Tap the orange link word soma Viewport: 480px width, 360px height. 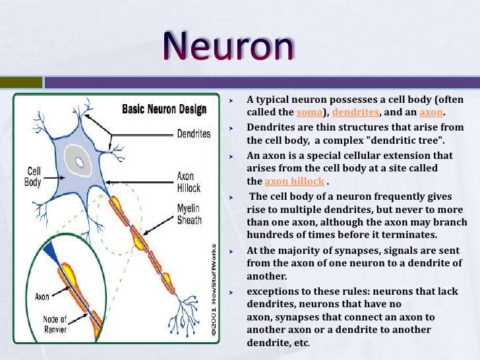[310, 112]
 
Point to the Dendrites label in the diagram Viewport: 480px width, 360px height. [193, 134]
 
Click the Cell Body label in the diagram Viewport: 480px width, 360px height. [34, 176]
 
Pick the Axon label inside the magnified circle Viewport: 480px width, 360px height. [43, 297]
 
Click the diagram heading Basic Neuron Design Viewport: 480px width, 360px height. [164, 109]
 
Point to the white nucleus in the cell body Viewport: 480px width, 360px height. [80, 161]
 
